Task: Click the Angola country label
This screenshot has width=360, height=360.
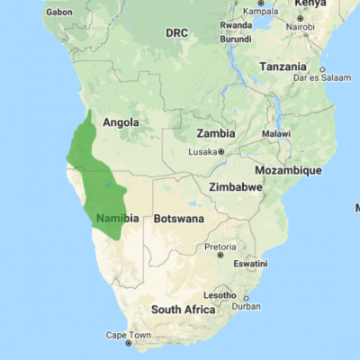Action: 121,122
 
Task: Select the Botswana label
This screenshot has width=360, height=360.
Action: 179,219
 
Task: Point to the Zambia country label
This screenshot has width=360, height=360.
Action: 215,133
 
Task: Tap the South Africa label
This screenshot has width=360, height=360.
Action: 183,309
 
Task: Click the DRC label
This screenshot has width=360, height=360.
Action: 176,32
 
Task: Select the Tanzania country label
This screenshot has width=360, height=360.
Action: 283,67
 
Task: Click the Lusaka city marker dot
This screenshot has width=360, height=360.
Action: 221,152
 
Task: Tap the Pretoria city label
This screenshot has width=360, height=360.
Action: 220,246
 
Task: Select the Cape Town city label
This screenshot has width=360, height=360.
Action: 129,335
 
